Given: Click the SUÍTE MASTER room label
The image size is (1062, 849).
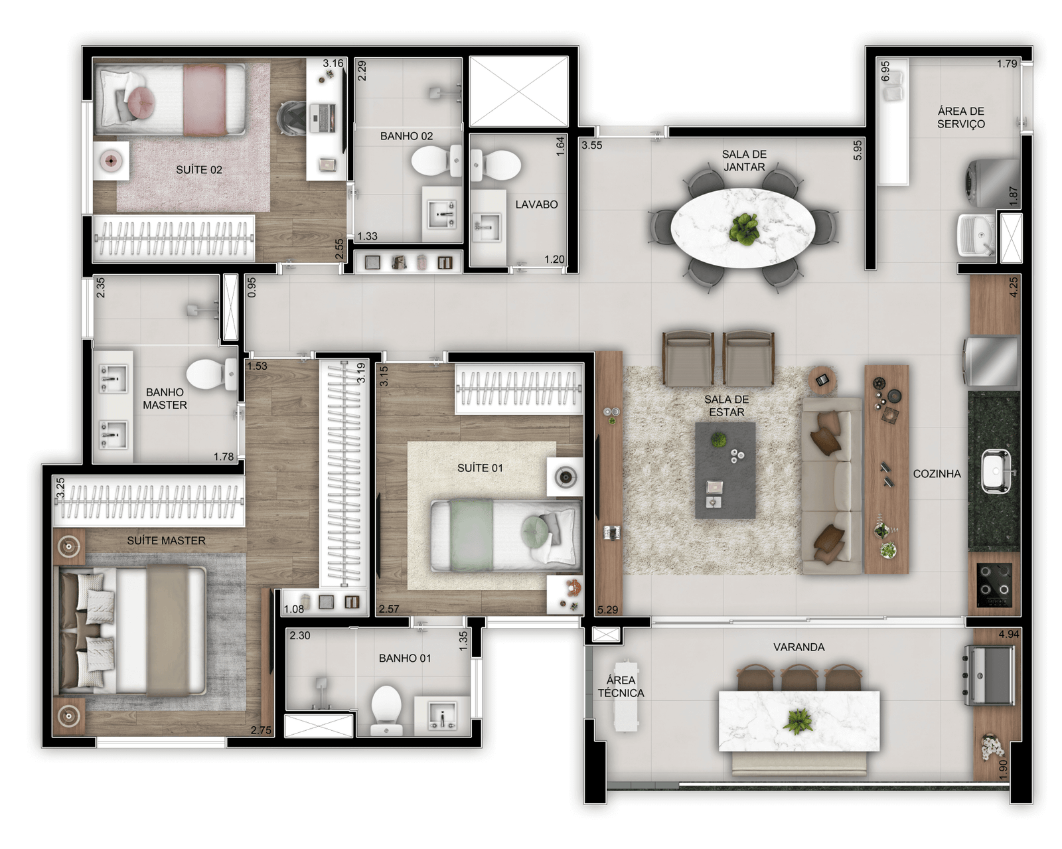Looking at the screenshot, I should click(166, 540).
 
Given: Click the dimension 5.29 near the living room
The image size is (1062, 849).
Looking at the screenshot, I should click(607, 609).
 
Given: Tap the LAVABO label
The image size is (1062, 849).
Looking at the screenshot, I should click(536, 204).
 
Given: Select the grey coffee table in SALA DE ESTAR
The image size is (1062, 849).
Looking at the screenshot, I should click(725, 470).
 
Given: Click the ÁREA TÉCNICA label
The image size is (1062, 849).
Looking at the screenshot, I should click(621, 686).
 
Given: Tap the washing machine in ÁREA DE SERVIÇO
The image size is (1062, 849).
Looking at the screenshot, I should click(990, 183).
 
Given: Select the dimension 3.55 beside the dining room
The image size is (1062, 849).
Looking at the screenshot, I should click(591, 145).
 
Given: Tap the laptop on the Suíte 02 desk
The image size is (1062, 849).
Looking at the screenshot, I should click(323, 117).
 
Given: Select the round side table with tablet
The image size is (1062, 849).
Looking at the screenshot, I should click(822, 380).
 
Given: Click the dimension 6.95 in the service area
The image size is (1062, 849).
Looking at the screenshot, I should click(885, 71).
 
